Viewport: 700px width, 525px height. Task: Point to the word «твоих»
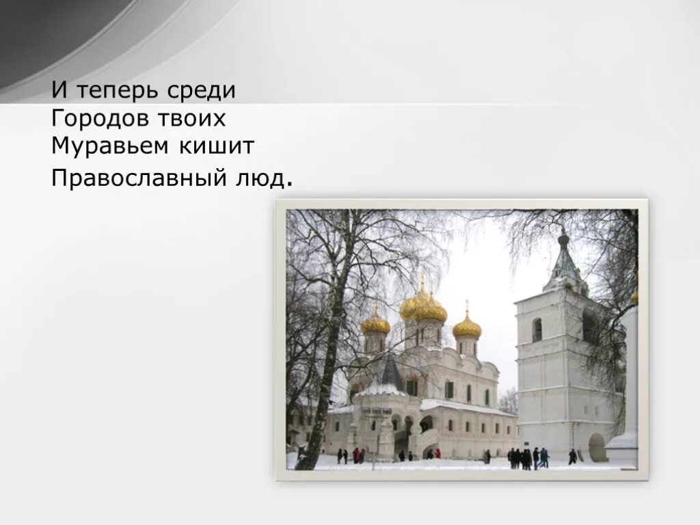tap(193, 119)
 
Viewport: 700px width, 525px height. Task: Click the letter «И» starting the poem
tap(59, 90)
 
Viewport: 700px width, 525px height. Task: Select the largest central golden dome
tap(424, 308)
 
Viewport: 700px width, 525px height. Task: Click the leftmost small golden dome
tap(376, 324)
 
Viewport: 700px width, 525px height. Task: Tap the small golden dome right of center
tap(467, 328)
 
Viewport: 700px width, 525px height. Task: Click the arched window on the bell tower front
tap(537, 330)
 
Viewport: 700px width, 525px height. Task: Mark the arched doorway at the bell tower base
tap(597, 447)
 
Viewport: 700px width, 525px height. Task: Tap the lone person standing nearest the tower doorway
tap(572, 456)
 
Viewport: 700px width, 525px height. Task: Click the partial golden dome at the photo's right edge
tap(635, 297)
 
